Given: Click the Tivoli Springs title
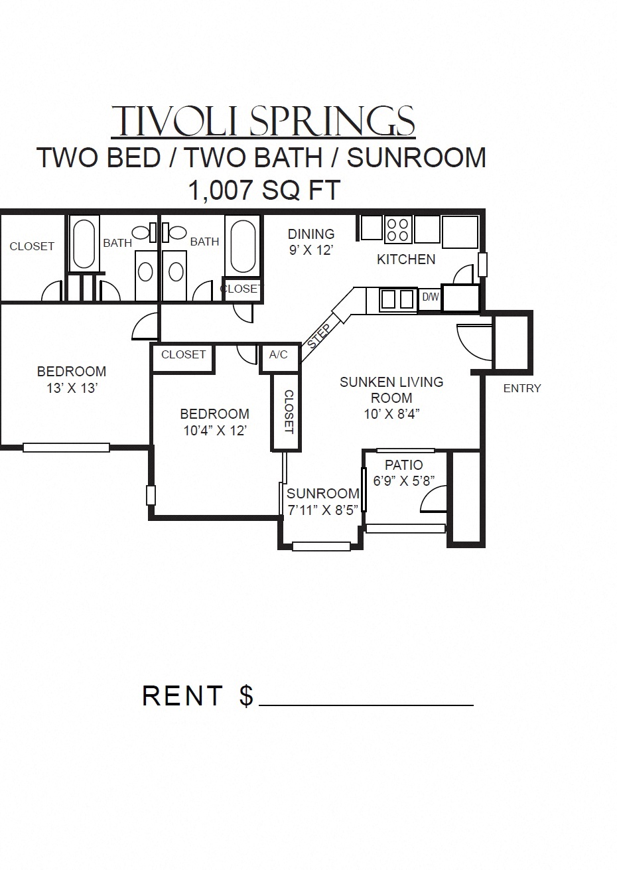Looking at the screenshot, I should pos(263,121).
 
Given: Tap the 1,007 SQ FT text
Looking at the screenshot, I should pos(264,190).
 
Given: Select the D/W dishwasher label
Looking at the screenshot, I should pos(430,297).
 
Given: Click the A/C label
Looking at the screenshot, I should pos(279,354).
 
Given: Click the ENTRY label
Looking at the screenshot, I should pos(522,388).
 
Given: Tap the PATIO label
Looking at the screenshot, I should pos(403,465).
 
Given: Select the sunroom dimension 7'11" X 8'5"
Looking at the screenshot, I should pos(322,509).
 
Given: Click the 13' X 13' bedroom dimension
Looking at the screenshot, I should pos(72,388).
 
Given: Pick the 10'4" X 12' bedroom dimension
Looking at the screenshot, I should pos(215,430).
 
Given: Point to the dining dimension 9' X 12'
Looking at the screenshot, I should pos(310,250).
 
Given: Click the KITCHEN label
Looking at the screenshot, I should pos(406,259).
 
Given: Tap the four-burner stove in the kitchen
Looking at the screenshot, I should pos(397,229).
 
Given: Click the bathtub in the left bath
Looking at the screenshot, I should pos(84,244).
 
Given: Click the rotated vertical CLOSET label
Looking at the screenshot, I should pos(288,411).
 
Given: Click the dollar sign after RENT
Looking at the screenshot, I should pos(246,695).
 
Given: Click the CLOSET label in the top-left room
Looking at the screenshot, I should pos(32,246).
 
